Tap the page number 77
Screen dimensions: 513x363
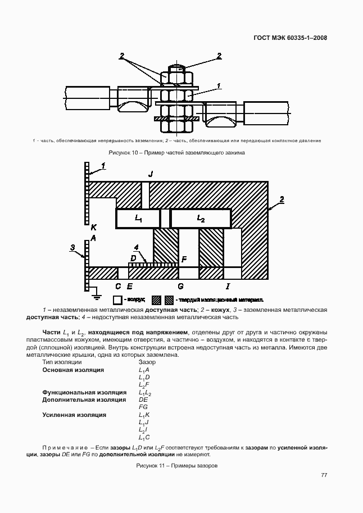pos(324,475)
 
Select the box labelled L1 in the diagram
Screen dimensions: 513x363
pos(138,217)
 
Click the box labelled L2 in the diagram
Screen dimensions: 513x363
pos(201,217)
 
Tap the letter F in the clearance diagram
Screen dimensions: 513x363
pos(183,259)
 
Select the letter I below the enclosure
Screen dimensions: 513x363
pos(227,285)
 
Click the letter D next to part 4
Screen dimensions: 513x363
pos(133,257)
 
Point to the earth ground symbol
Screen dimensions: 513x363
pos(96,291)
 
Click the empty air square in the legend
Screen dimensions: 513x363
pos(117,300)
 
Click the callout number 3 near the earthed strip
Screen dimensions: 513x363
pos(72,247)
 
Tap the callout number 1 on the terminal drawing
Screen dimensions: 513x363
pos(219,86)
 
